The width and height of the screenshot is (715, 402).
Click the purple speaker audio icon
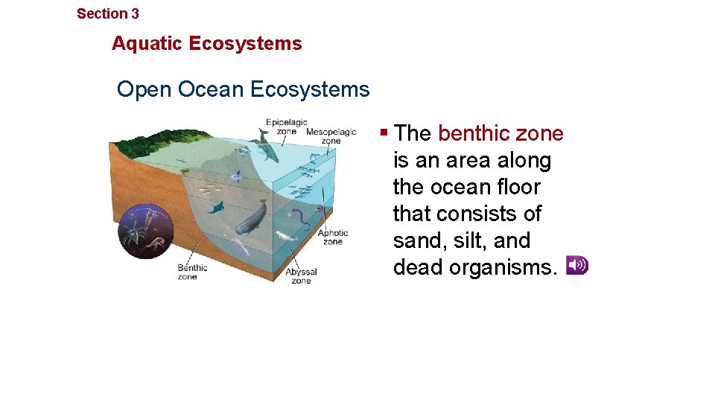(x=576, y=265)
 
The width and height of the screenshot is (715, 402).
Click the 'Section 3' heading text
(x=107, y=13)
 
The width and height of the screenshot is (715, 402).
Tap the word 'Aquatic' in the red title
(x=147, y=43)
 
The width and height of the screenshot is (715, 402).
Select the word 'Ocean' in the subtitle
(x=211, y=89)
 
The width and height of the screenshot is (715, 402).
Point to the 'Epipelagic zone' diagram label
(x=286, y=126)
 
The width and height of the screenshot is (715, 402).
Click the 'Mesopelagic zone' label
(x=331, y=135)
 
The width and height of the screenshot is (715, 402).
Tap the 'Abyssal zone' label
(x=301, y=275)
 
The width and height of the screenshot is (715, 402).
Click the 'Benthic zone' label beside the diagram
(x=192, y=272)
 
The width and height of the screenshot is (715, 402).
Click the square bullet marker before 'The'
(x=384, y=133)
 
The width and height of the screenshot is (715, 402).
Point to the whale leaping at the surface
(x=266, y=145)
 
